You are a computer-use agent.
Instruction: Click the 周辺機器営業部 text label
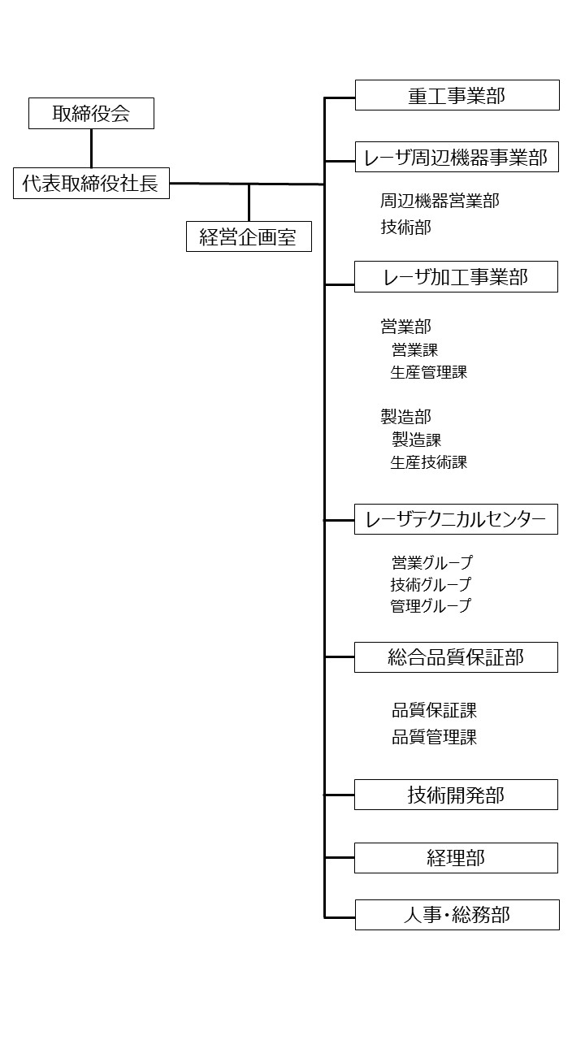[440, 201]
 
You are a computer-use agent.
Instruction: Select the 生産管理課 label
[428, 372]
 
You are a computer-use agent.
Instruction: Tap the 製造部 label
[405, 417]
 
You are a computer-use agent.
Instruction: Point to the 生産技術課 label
[428, 462]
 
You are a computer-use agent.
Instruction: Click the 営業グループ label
[431, 563]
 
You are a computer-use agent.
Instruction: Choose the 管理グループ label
[431, 606]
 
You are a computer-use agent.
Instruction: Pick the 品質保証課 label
[434, 710]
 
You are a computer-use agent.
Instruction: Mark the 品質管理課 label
[434, 737]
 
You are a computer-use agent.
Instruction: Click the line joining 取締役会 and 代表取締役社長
[91, 149]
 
